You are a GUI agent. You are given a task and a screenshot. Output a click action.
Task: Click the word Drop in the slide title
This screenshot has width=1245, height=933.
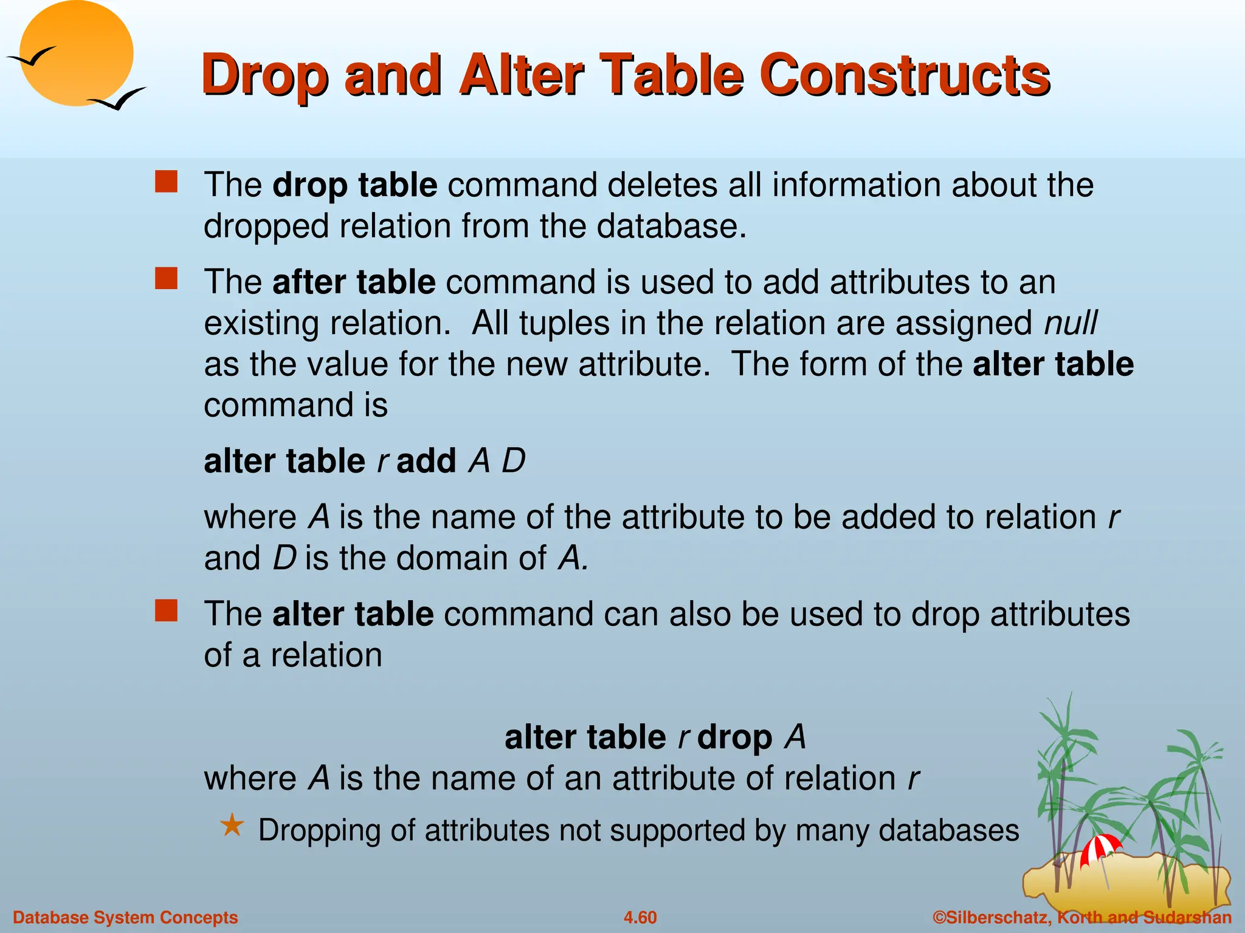coord(266,77)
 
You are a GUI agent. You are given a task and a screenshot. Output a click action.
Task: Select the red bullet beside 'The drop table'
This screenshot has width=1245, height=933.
coord(166,182)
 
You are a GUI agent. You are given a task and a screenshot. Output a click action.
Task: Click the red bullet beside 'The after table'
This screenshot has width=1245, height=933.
coord(166,279)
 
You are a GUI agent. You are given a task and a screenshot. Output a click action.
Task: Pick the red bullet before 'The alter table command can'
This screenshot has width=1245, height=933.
coord(166,610)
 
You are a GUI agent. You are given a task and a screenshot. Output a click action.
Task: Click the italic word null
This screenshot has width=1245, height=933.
coord(1071,323)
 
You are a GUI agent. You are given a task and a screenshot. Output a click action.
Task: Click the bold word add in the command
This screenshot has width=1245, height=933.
coord(426,461)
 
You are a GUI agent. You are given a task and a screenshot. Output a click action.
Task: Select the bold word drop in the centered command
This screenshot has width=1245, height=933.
coord(734,737)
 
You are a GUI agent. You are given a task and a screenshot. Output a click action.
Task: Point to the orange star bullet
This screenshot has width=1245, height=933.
coord(232,826)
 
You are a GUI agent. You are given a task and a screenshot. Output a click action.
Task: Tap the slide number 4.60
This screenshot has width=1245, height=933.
coord(640,917)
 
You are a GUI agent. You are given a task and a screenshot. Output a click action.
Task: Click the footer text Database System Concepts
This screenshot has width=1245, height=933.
coord(125,917)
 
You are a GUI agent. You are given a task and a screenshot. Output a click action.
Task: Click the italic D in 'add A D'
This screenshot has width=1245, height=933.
coord(513,461)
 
